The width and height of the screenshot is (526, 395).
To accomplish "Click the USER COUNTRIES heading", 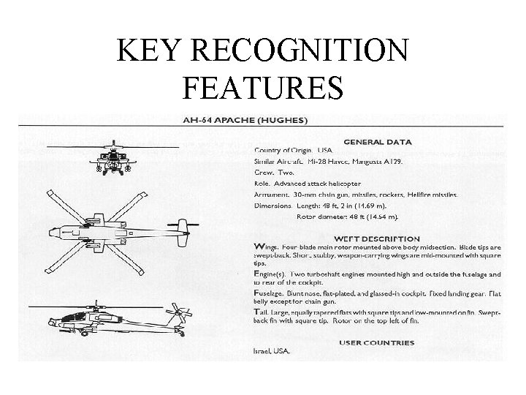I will point(376,342).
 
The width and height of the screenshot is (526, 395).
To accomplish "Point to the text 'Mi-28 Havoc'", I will point(325,162).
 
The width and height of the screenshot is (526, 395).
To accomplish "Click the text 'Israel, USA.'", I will point(272,352).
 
